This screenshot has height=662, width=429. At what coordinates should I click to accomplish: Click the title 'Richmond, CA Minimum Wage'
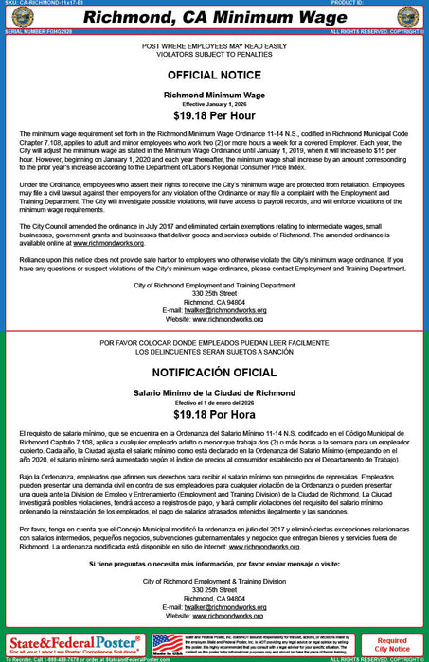tap(214, 16)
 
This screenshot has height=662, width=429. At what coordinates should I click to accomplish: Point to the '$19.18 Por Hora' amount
tap(214, 414)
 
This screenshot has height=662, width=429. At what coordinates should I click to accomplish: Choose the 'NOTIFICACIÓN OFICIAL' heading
tap(214, 374)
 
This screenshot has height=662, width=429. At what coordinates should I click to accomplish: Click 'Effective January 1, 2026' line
tap(214, 104)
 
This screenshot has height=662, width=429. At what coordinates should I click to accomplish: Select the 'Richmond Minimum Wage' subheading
tap(214, 96)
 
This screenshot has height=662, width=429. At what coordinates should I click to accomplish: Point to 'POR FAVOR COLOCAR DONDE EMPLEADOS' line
tap(214, 342)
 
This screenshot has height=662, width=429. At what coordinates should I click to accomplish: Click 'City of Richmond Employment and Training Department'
tap(214, 285)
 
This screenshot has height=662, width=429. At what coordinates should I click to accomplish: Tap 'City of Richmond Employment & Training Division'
tap(214, 581)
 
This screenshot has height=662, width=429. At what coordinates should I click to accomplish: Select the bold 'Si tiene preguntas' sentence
tap(214, 562)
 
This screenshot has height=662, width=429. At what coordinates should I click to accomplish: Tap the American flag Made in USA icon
tap(167, 644)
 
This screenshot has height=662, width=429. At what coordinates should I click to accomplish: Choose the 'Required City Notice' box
tap(392, 644)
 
